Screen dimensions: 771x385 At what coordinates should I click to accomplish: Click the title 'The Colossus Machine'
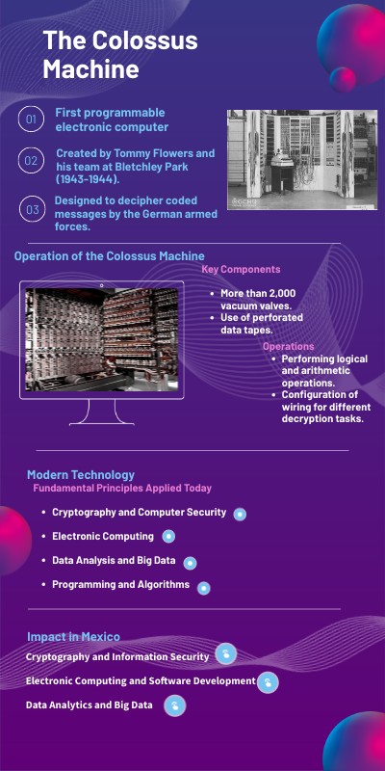(x=119, y=55)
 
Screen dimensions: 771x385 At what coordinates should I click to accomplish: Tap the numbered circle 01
(x=31, y=120)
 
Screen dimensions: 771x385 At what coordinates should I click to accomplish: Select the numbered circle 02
(x=31, y=161)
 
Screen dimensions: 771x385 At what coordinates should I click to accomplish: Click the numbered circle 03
(x=31, y=208)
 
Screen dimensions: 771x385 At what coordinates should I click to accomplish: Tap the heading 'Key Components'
(x=241, y=270)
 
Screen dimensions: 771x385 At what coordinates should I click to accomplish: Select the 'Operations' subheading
(x=288, y=346)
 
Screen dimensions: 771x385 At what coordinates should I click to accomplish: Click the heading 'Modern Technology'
(x=81, y=474)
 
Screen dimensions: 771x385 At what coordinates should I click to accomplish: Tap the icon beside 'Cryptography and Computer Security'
(x=240, y=514)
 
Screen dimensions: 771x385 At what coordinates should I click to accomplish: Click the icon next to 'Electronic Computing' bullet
(x=168, y=537)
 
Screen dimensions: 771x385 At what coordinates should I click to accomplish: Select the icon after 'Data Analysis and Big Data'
(x=190, y=563)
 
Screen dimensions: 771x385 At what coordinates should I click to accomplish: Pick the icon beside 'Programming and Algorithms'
(x=203, y=587)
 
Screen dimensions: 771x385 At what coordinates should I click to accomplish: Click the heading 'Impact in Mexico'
(x=73, y=637)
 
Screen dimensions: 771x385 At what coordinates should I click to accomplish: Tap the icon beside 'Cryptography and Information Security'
(x=225, y=655)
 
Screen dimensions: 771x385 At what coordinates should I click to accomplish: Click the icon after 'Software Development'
(x=268, y=682)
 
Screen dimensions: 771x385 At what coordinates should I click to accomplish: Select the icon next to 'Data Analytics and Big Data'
(x=174, y=706)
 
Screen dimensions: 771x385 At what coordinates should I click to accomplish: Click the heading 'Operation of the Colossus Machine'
(x=109, y=255)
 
